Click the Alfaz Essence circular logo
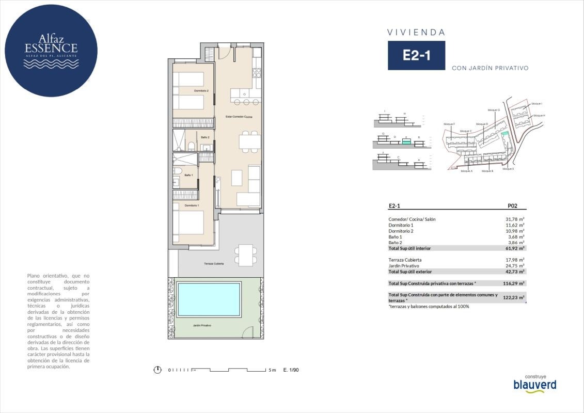[51, 50]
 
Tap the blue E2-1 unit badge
[416, 56]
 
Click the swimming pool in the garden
[209, 299]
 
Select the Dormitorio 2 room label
[201, 91]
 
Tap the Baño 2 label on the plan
[205, 137]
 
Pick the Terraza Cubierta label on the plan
[214, 264]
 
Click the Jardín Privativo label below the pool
[202, 325]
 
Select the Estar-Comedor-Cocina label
[239, 117]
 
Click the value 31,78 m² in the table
[514, 219]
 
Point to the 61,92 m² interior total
[514, 248]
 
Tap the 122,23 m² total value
[513, 298]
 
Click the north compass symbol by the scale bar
[157, 370]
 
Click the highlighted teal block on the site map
[504, 134]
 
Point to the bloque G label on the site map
[494, 110]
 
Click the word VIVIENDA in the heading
[416, 33]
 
